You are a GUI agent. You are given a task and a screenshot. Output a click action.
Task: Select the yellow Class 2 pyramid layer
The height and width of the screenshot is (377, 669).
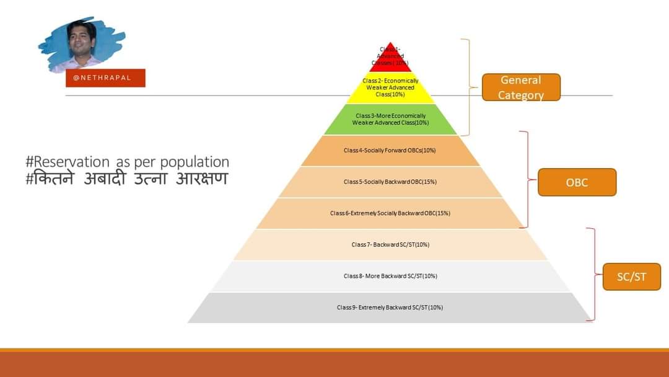[390, 88]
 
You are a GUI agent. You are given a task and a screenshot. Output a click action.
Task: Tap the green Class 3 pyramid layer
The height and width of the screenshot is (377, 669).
[390, 119]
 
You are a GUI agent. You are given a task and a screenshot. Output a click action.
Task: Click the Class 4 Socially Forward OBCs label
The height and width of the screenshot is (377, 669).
[390, 150]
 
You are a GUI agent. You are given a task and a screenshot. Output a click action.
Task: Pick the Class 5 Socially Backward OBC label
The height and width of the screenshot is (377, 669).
[390, 182]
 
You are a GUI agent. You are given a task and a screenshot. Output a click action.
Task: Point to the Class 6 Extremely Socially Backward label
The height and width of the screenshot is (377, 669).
[390, 213]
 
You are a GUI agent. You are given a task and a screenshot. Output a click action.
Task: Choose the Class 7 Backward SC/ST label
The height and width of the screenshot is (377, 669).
[390, 244]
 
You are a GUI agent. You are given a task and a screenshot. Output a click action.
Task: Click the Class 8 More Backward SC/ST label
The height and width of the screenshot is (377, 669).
[390, 276]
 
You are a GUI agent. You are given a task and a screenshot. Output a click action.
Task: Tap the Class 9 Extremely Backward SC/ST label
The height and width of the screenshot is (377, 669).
[390, 308]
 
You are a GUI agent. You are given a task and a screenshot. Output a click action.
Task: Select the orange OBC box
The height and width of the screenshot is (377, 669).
[577, 182]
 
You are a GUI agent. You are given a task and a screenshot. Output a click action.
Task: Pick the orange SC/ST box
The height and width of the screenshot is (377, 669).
[631, 277]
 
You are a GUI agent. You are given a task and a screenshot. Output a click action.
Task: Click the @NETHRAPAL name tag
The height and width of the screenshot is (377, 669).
[105, 78]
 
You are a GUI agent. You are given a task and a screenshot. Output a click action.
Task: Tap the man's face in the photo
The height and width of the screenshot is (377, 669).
[81, 39]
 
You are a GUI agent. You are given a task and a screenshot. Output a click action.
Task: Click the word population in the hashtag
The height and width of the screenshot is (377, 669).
[195, 162]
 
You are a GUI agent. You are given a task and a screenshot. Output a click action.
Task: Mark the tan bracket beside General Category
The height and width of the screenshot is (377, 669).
[468, 87]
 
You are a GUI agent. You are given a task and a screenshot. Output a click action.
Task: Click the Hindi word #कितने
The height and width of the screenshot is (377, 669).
[50, 179]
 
